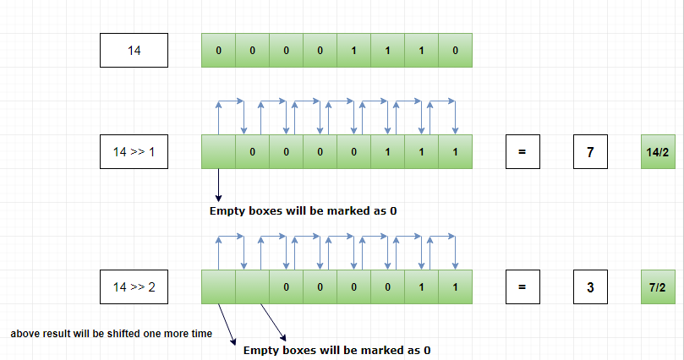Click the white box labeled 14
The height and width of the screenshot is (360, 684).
(134, 51)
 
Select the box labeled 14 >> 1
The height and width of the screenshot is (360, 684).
(134, 152)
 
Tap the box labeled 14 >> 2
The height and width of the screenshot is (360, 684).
(134, 287)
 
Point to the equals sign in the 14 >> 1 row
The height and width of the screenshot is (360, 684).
(523, 152)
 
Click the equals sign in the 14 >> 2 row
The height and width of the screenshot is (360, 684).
(523, 287)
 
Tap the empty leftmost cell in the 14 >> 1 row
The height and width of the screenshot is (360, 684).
(218, 152)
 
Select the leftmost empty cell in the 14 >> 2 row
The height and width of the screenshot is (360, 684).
(218, 287)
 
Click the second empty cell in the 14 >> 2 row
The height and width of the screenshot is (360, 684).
(252, 287)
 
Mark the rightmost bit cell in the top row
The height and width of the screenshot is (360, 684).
(455, 51)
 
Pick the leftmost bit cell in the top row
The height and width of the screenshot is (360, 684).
(218, 51)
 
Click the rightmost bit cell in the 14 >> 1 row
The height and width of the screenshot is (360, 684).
(455, 152)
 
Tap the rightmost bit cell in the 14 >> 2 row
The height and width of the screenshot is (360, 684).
(455, 287)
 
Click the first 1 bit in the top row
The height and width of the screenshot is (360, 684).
(353, 51)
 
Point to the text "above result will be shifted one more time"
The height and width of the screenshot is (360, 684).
(111, 334)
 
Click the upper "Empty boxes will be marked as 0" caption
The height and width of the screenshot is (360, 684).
(303, 210)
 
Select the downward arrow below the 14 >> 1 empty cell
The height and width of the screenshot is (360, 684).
(218, 186)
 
